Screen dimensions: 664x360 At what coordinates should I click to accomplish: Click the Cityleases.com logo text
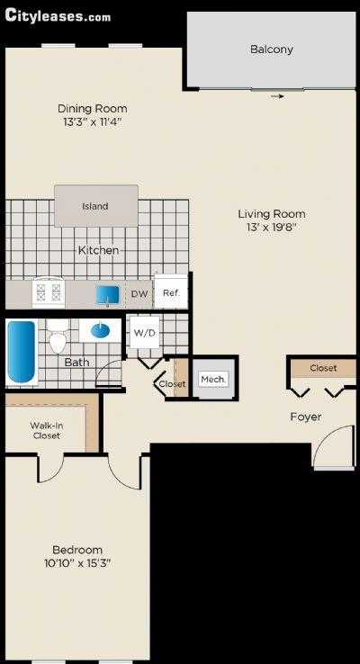pyautogui.click(x=58, y=15)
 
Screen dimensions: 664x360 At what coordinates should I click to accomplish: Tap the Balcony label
pyautogui.click(x=271, y=49)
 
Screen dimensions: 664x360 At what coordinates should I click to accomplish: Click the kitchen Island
pyautogui.click(x=95, y=206)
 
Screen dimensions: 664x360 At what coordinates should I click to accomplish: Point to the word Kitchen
pyautogui.click(x=98, y=249)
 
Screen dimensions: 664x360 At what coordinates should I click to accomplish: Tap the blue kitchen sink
pyautogui.click(x=109, y=294)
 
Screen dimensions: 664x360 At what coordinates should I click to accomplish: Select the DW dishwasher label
pyautogui.click(x=139, y=293)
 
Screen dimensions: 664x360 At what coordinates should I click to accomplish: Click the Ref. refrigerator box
pyautogui.click(x=170, y=292)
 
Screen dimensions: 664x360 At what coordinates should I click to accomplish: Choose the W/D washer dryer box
pyautogui.click(x=144, y=332)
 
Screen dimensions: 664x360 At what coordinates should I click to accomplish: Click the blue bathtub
pyautogui.click(x=21, y=353)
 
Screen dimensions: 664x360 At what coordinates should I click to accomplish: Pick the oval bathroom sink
pyautogui.click(x=101, y=330)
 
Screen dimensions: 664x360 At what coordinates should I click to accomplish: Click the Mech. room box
pyautogui.click(x=213, y=380)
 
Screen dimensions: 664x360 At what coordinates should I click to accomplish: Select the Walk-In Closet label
pyautogui.click(x=47, y=430)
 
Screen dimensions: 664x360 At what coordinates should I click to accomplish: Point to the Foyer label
pyautogui.click(x=306, y=417)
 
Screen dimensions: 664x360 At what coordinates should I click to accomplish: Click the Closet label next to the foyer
pyautogui.click(x=323, y=368)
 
